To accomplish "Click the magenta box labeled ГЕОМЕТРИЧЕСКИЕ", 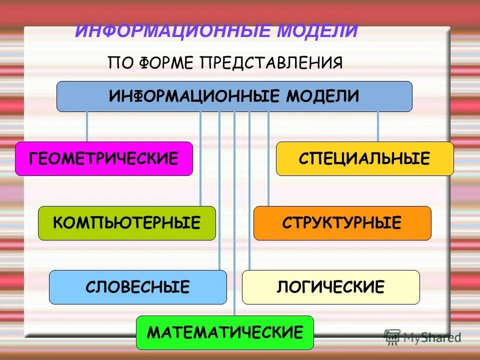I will point(103,158).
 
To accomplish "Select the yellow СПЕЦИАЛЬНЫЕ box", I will point(364,158).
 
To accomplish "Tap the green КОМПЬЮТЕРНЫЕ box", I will point(126,223).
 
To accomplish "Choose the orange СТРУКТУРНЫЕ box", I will point(342,223).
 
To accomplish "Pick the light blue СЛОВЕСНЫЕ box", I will point(137,287).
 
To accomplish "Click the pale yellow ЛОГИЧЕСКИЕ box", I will point(330,287).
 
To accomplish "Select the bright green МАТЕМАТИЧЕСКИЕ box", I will point(224,332).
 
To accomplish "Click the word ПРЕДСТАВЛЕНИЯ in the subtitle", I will point(271,63).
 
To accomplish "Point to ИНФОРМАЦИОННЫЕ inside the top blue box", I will point(195,95).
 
